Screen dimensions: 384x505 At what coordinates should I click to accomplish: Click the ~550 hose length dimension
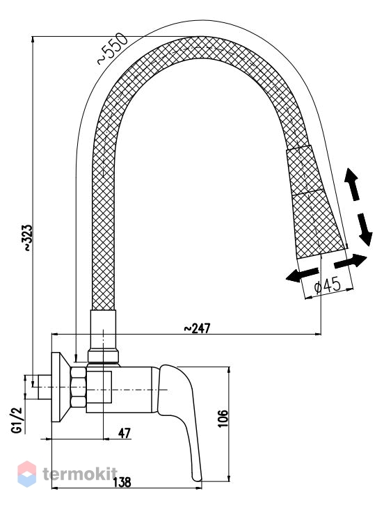(113, 49)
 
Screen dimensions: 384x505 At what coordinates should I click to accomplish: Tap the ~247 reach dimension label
(197, 328)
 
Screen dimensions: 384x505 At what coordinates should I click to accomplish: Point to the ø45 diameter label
(327, 285)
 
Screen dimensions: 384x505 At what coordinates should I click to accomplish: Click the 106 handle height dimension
(223, 418)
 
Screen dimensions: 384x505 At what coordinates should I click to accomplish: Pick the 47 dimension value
(125, 433)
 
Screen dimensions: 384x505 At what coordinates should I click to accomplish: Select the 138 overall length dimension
(122, 482)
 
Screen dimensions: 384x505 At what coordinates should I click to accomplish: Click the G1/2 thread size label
(17, 420)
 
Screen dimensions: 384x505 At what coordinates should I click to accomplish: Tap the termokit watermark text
(80, 474)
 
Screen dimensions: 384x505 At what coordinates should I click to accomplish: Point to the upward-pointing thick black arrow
(352, 184)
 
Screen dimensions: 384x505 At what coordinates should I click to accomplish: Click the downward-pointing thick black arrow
(365, 230)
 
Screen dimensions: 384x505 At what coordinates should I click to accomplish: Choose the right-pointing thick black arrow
(351, 261)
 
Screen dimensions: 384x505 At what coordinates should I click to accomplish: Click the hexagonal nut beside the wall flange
(79, 389)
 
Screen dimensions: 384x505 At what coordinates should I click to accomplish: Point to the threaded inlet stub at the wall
(45, 387)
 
